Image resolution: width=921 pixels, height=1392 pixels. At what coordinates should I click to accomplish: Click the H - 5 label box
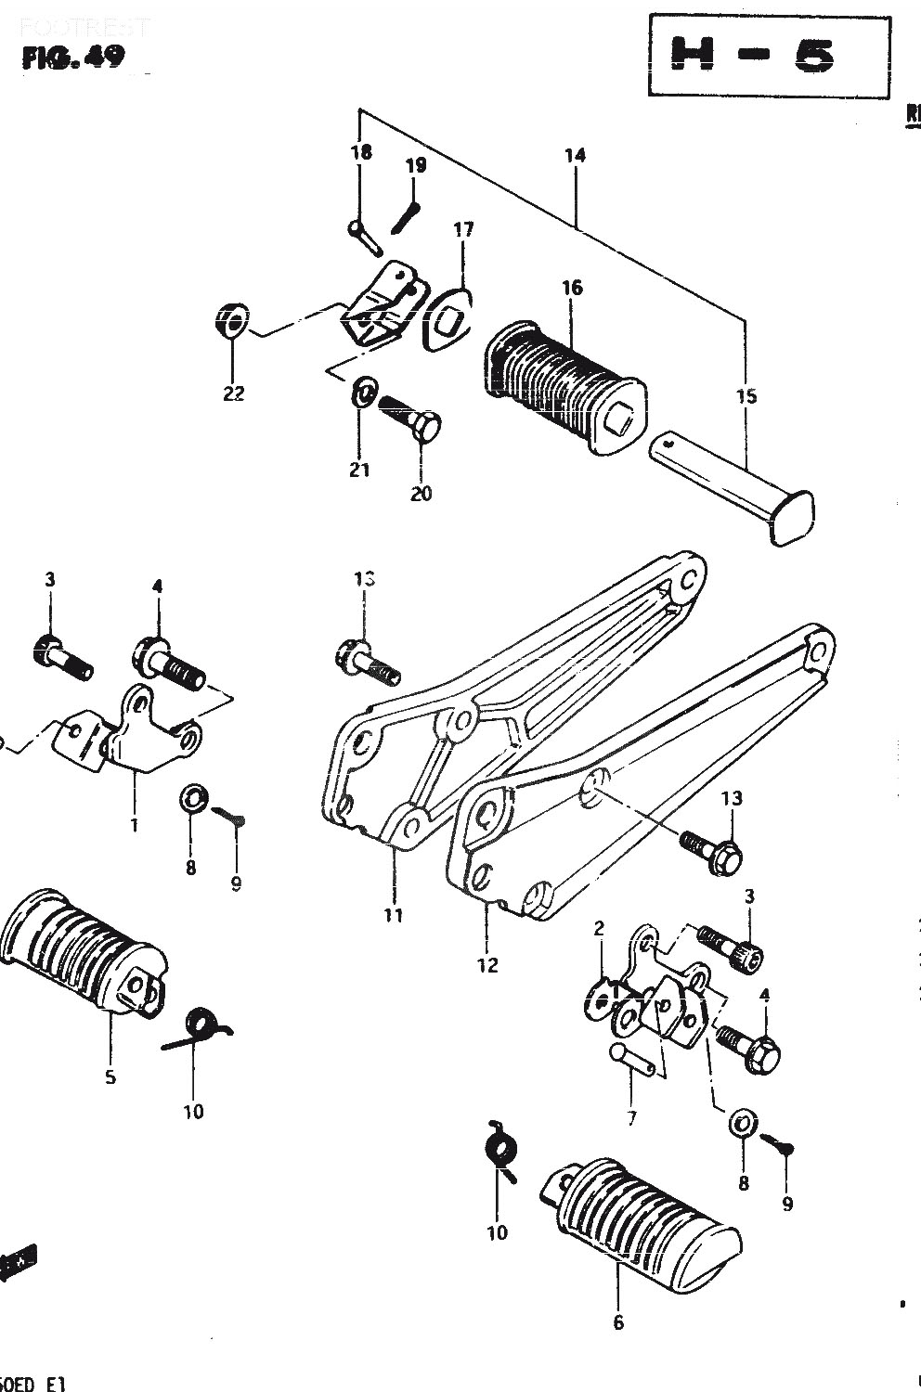769,55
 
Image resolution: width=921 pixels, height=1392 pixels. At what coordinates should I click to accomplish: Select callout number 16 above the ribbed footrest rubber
572,288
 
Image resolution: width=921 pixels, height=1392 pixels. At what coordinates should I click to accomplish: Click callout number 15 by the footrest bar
746,396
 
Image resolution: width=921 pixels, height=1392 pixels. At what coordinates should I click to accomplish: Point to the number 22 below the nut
233,393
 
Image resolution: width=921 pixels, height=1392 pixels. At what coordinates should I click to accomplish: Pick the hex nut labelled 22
229,324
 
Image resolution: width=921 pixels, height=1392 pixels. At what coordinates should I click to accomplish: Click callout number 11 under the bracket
394,915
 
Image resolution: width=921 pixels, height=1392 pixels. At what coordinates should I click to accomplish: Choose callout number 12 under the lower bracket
487,965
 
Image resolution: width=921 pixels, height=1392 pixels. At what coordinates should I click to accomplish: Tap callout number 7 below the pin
631,1118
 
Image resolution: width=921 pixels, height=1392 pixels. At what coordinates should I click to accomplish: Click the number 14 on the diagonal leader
575,155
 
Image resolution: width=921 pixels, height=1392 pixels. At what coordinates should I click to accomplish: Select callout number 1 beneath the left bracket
135,824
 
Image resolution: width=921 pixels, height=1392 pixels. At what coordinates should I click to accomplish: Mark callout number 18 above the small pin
361,151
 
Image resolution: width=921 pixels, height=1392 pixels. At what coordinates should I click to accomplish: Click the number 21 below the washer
359,470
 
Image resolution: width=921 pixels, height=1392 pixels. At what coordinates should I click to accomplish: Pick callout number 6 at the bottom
619,1322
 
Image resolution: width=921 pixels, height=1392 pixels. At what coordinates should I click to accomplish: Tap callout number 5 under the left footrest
110,1076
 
